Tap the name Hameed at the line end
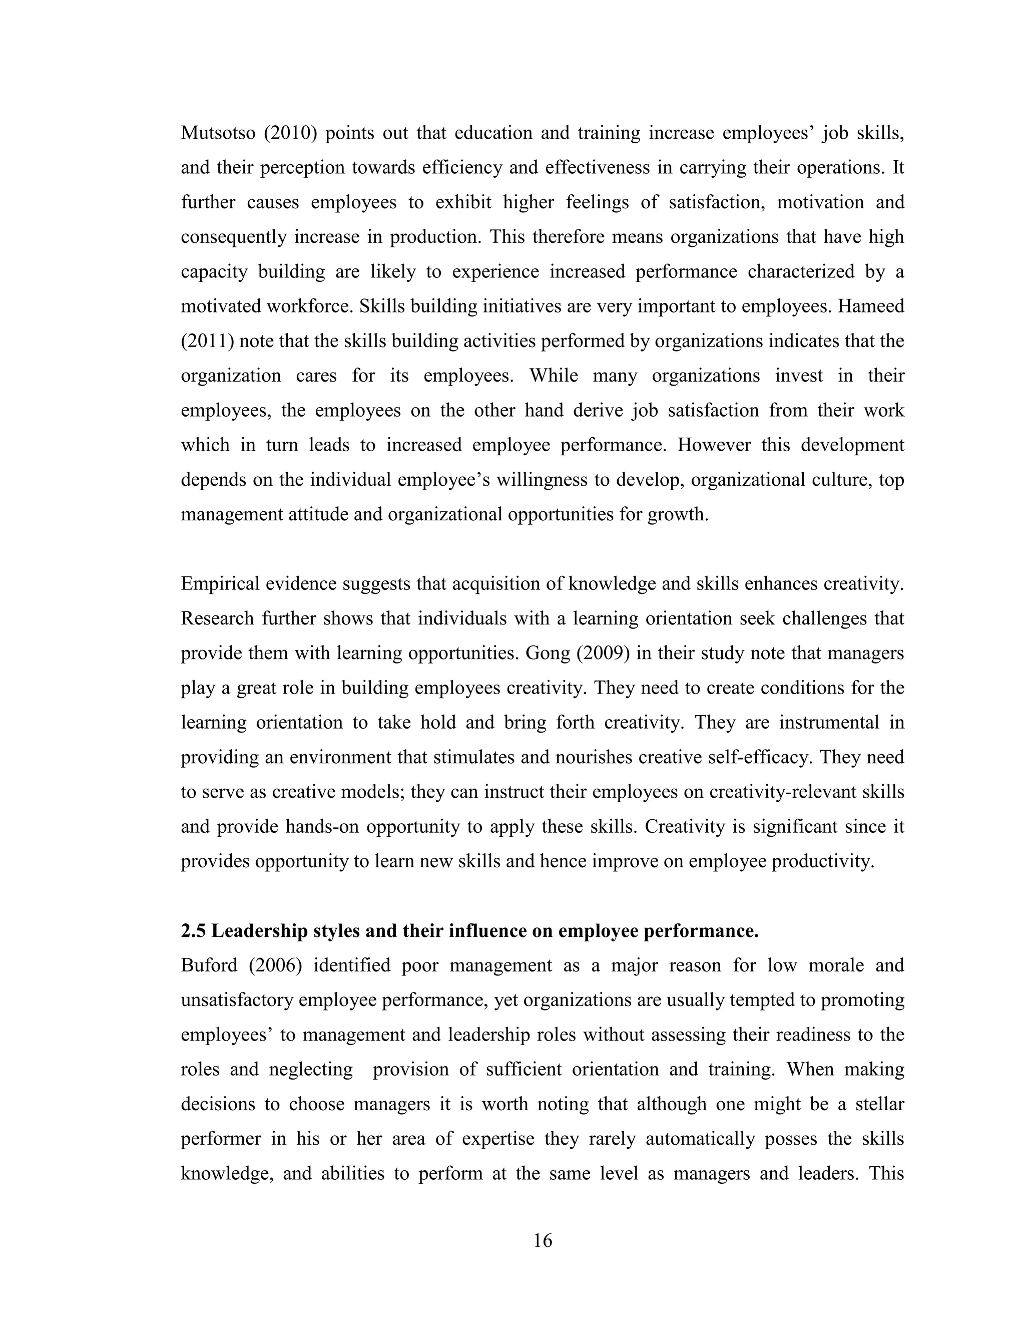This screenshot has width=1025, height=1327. point(871,306)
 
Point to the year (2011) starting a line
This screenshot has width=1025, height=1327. point(207,341)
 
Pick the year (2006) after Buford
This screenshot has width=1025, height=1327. point(275,965)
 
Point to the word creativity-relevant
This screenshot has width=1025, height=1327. point(783,792)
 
